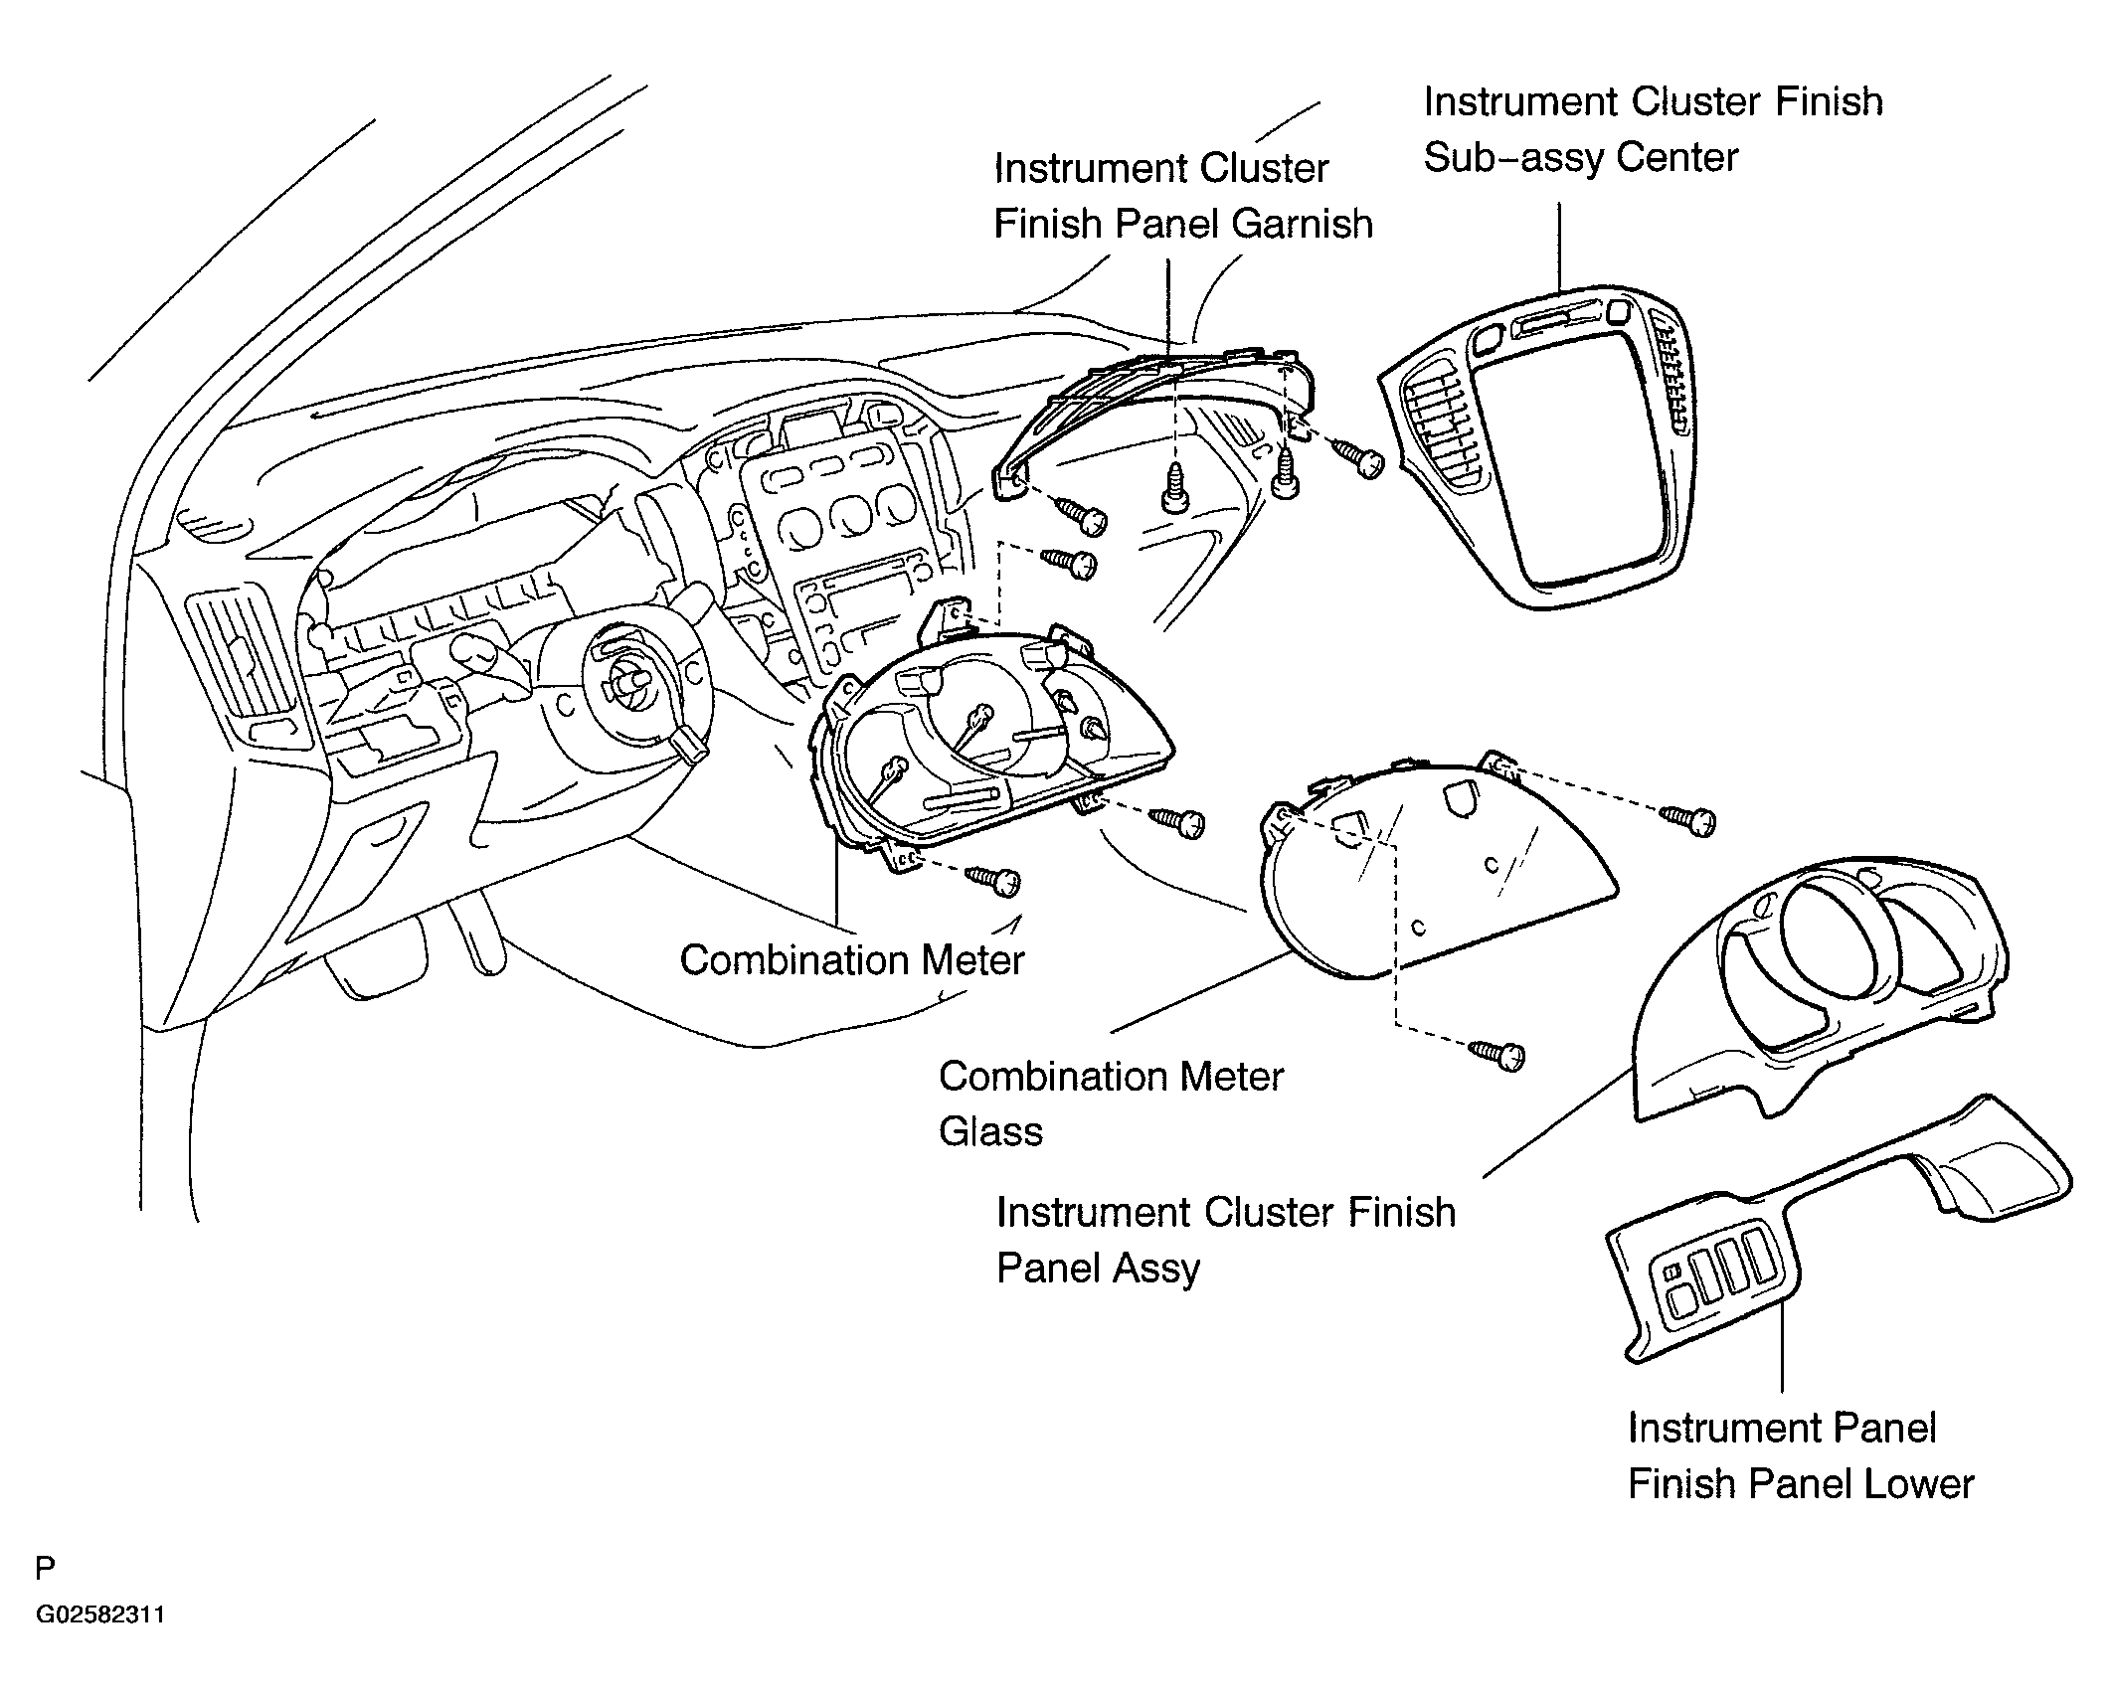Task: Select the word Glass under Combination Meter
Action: tap(990, 1131)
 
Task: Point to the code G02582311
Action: tap(100, 1642)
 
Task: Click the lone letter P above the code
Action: tap(45, 1569)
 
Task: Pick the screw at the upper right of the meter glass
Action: tap(1688, 818)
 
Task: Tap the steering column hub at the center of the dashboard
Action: tap(628, 685)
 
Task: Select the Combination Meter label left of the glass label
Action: tap(852, 959)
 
